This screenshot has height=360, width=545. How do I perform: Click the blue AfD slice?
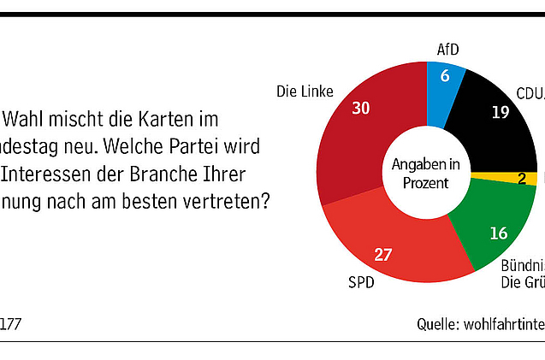click(x=444, y=86)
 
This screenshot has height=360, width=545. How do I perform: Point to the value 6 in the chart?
click(x=444, y=76)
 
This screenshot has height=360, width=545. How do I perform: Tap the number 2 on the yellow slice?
click(x=522, y=179)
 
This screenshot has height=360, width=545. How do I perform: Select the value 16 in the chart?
click(x=499, y=232)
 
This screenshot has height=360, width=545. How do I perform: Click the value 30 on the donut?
click(x=360, y=109)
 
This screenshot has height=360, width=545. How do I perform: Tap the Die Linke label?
click(x=305, y=91)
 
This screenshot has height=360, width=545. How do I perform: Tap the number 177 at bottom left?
click(x=10, y=325)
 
